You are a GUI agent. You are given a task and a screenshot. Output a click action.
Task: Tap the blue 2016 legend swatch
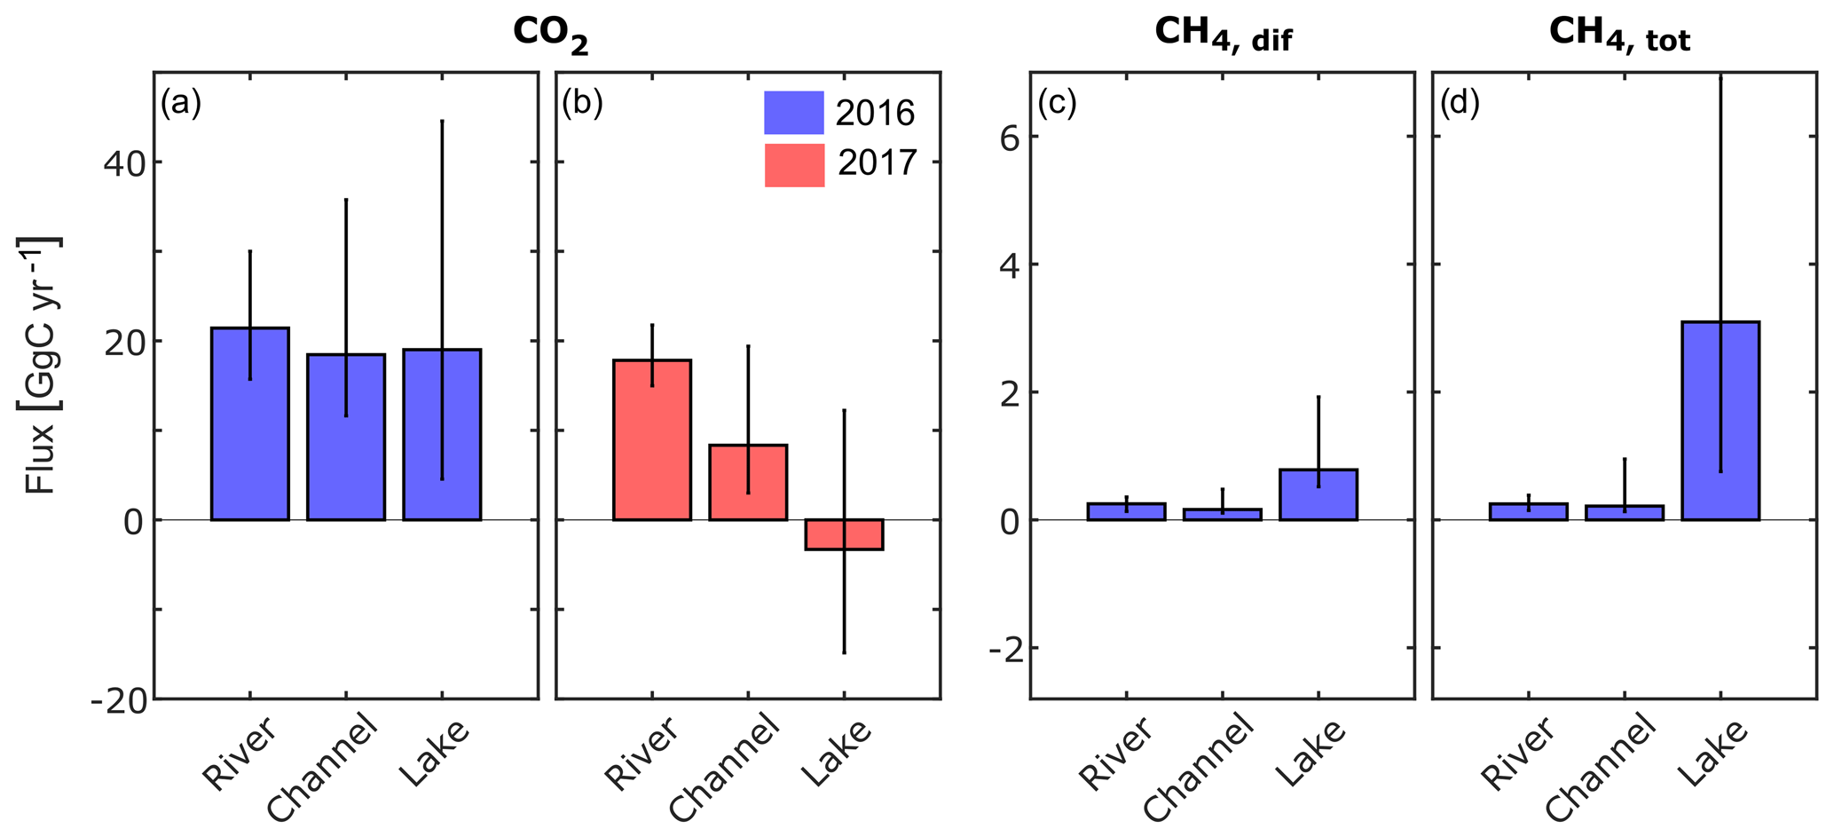[x=794, y=113]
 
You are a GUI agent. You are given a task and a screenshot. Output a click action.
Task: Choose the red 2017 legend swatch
[x=794, y=165]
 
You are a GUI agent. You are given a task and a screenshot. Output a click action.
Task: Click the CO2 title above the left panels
[x=550, y=35]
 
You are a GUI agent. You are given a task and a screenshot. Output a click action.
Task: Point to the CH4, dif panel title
[x=1223, y=35]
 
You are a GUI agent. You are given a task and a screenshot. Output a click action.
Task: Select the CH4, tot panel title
[x=1619, y=35]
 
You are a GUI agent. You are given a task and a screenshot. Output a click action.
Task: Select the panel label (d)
[x=1459, y=104]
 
